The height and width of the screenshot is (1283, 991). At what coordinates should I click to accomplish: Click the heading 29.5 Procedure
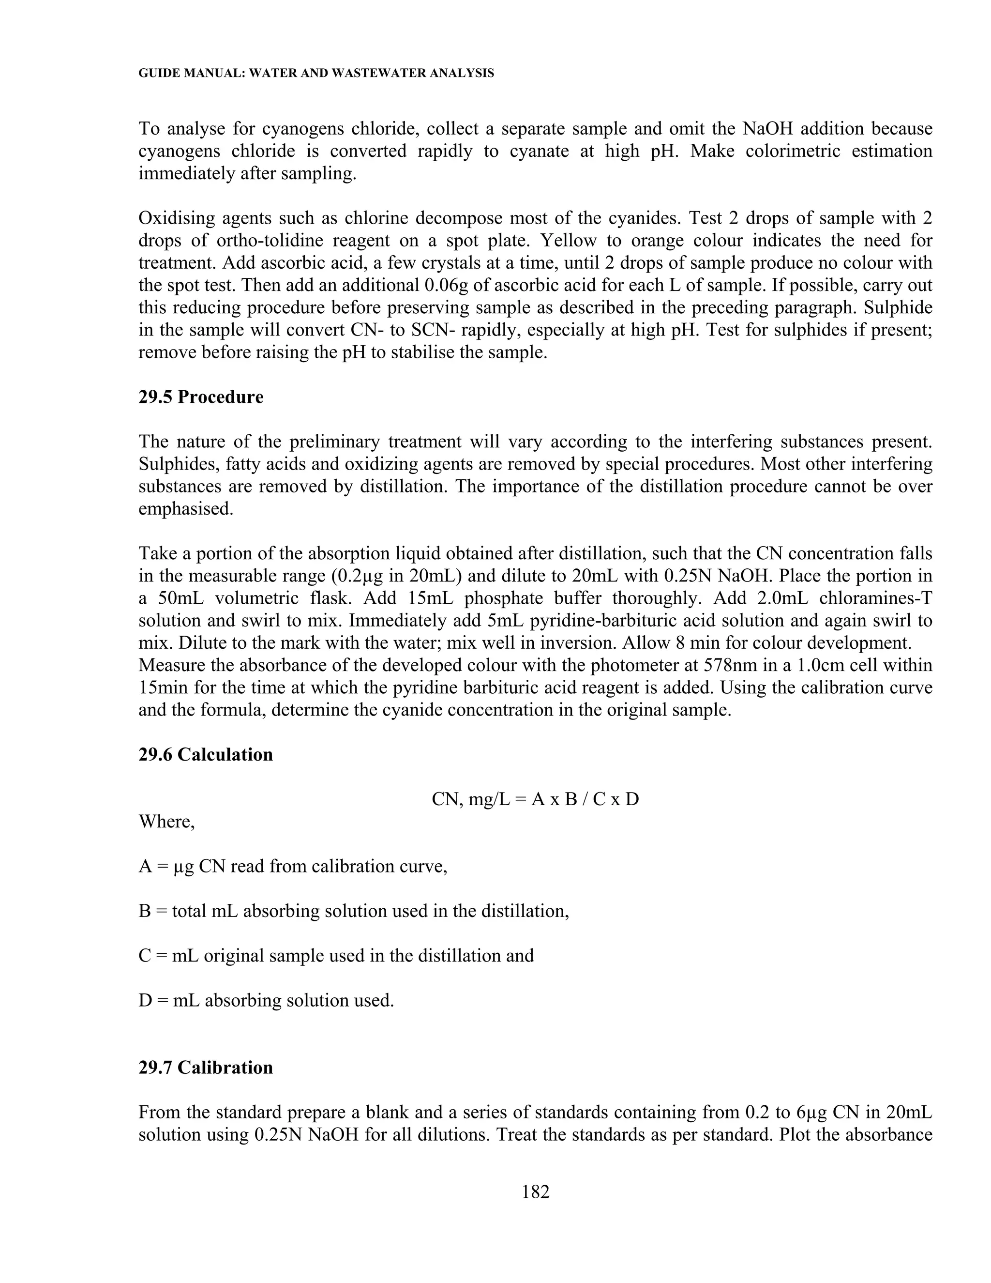coord(201,397)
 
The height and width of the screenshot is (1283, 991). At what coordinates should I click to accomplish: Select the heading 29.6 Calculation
coord(206,754)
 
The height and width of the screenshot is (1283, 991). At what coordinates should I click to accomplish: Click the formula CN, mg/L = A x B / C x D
coord(535,799)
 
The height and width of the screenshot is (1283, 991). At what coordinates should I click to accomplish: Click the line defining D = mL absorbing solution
coord(266,1000)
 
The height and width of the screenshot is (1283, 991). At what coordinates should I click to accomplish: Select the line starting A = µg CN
coord(292,867)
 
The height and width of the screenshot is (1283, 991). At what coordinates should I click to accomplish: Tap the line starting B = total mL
coord(353,911)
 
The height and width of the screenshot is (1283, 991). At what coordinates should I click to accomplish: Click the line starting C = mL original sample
coord(336,956)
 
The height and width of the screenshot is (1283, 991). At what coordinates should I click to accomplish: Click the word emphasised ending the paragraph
coord(185,509)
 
